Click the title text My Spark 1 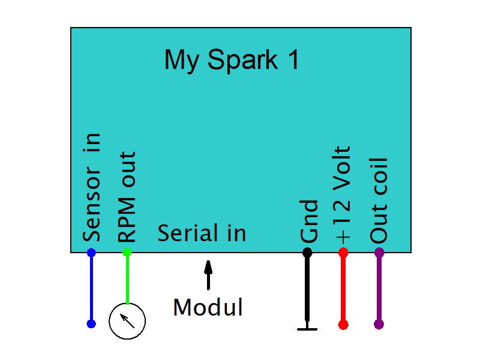[232, 61]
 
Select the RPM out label [127, 196]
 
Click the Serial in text [202, 233]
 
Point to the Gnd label [308, 221]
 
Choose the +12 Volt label [343, 194]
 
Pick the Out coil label [379, 200]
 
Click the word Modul [208, 308]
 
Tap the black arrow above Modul [208, 275]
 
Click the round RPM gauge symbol [127, 321]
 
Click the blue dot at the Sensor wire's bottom [91, 324]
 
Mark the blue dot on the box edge [91, 253]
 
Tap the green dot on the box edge [127, 253]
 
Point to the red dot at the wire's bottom [343, 325]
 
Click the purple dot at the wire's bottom [379, 325]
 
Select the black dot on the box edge [307, 253]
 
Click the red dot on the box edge [343, 253]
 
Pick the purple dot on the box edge [379, 253]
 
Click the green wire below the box [127, 279]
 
